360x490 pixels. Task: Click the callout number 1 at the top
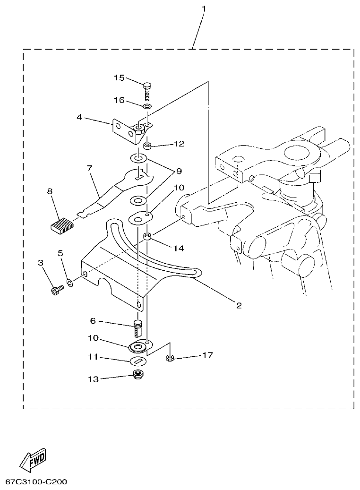click(x=204, y=9)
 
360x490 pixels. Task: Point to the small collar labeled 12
click(x=147, y=145)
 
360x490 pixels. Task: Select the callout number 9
click(x=179, y=171)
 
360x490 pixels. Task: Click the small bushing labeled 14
click(x=147, y=236)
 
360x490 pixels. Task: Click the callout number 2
click(x=239, y=306)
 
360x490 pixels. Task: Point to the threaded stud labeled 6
click(x=138, y=327)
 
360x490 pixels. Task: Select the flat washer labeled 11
click(x=138, y=361)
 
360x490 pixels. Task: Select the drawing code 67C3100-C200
click(x=36, y=482)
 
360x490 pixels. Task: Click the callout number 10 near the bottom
click(x=93, y=338)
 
